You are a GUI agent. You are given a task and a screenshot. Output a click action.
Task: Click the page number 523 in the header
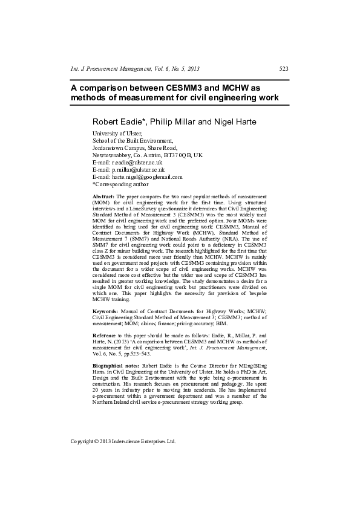284,70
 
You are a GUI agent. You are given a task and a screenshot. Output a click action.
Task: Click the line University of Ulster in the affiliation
117,134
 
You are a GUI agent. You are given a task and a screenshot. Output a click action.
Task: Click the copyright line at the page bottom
123,441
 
